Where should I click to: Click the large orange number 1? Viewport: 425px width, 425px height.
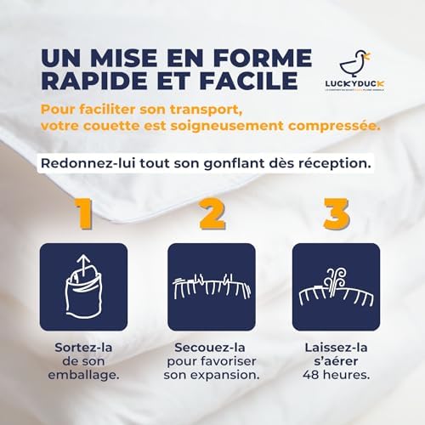(x=84, y=214)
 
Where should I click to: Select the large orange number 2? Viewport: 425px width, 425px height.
(x=211, y=214)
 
